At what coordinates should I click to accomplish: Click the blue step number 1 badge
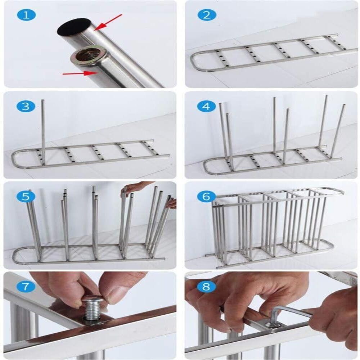pyautogui.click(x=26, y=15)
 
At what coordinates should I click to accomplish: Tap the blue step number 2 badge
pyautogui.click(x=207, y=15)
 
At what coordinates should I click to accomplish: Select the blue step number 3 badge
pyautogui.click(x=26, y=107)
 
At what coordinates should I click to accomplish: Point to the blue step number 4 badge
pyautogui.click(x=207, y=107)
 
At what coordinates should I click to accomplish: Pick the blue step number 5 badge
pyautogui.click(x=26, y=197)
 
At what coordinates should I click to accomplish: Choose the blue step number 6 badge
pyautogui.click(x=207, y=197)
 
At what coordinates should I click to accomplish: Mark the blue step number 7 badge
pyautogui.click(x=26, y=287)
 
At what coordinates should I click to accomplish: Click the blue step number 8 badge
pyautogui.click(x=207, y=287)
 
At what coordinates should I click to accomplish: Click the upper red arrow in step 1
pyautogui.click(x=108, y=22)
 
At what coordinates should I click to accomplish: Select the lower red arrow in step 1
pyautogui.click(x=80, y=73)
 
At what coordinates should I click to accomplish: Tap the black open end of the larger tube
pyautogui.click(x=74, y=27)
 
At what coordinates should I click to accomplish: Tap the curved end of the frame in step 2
pyautogui.click(x=195, y=60)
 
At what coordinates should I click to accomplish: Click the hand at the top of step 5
pyautogui.click(x=138, y=187)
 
